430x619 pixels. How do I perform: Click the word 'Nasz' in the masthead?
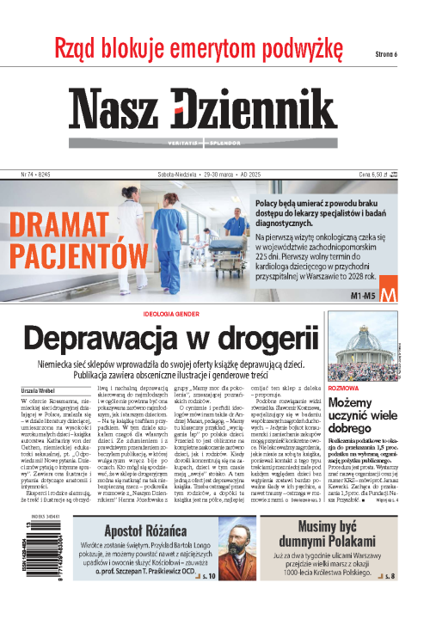120,109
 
